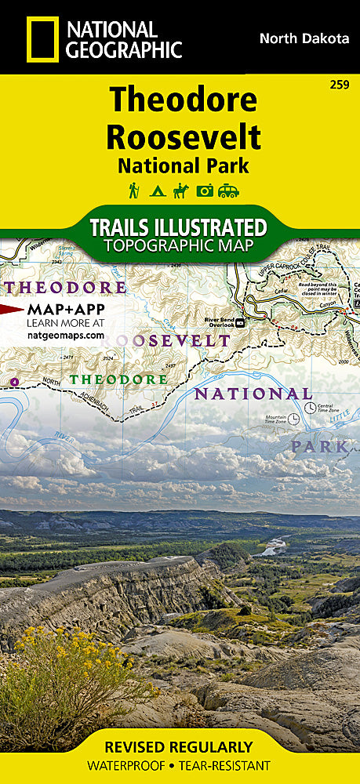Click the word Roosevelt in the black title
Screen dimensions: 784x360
(183, 136)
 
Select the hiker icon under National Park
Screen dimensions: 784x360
(135, 190)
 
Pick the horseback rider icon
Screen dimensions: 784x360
(182, 190)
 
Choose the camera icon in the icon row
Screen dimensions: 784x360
(205, 191)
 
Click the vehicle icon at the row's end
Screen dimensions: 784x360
(229, 191)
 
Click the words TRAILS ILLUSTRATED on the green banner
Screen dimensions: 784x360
(178, 227)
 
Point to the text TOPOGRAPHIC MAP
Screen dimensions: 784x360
(178, 245)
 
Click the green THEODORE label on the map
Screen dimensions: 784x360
(118, 379)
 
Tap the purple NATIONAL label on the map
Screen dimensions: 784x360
(253, 394)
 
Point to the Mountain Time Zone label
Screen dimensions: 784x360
(275, 419)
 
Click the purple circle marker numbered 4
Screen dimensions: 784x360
(14, 382)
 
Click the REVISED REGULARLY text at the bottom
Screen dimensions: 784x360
(180, 747)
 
